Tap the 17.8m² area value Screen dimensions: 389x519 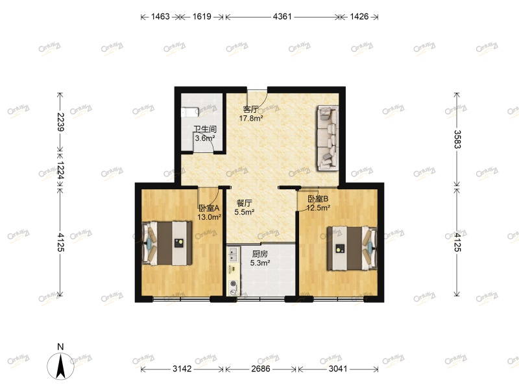[x=252, y=118]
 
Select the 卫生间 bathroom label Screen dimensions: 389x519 [x=204, y=129]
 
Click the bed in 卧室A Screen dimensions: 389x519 [x=168, y=242]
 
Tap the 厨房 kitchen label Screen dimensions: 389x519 [x=259, y=254]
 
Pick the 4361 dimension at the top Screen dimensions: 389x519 [x=282, y=16]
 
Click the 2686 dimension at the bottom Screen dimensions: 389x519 [x=261, y=369]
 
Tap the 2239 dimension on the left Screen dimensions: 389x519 [x=60, y=123]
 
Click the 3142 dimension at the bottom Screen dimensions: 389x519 [x=182, y=369]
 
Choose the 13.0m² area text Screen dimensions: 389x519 [x=210, y=217]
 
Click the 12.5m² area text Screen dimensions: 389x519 [x=319, y=208]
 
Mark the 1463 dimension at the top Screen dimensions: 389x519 [x=159, y=16]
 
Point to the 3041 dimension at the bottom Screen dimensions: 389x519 [x=338, y=369]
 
